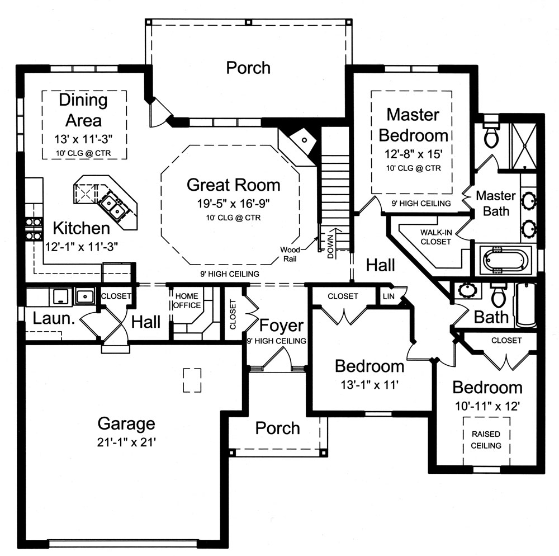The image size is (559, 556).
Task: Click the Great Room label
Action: point(233,185)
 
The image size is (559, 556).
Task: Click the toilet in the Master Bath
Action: point(491,135)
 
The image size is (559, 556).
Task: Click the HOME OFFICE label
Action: point(188,300)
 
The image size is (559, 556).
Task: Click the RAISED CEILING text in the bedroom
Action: point(486,440)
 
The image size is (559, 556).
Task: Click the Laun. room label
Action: point(46,319)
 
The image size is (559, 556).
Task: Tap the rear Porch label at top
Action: point(248,68)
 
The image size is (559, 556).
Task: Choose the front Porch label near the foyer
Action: point(277,428)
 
